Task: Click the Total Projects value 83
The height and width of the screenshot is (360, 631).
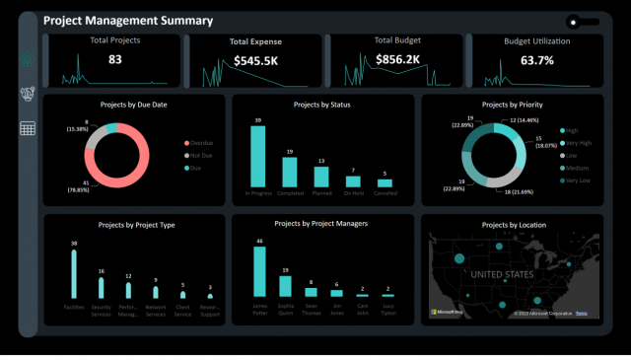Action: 115,60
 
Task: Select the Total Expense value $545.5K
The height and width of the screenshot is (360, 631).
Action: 255,61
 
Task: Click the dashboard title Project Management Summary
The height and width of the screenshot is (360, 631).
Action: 128,21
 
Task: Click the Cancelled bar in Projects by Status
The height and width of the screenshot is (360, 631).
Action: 385,182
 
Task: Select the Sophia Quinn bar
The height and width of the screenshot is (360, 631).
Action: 285,285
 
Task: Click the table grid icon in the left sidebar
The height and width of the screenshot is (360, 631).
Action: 28,128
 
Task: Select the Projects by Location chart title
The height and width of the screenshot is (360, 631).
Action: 514,225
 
